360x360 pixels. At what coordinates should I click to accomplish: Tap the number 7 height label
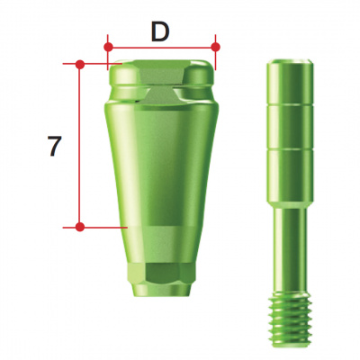click(55, 146)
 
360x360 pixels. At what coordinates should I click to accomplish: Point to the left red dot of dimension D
click(107, 44)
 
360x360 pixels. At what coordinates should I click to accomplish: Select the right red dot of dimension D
click(216, 44)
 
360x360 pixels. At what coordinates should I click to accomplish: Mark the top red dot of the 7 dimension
click(80, 64)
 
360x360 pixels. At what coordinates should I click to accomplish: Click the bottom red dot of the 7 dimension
click(80, 227)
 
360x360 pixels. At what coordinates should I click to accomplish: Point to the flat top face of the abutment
click(162, 63)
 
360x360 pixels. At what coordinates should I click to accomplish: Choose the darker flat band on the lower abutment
click(162, 243)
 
